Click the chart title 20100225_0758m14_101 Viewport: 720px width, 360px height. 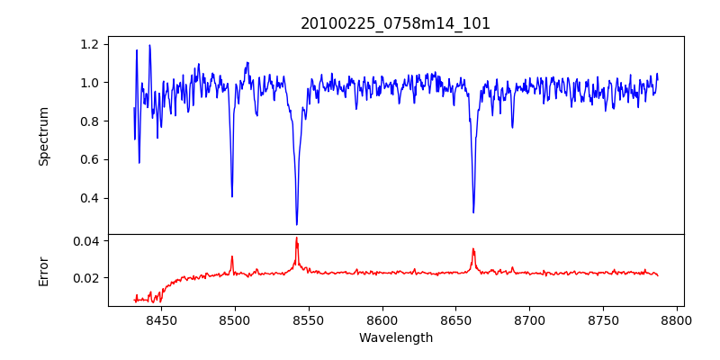tap(395, 23)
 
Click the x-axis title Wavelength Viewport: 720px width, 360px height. tap(395, 337)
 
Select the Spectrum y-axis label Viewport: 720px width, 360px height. tap(44, 136)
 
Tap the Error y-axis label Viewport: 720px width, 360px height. tap(44, 270)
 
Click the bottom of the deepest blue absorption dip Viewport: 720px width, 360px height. tap(297, 224)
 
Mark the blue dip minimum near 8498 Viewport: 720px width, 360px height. tap(232, 196)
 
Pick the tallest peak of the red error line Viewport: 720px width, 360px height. tap(296, 238)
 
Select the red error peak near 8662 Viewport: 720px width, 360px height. tap(473, 249)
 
